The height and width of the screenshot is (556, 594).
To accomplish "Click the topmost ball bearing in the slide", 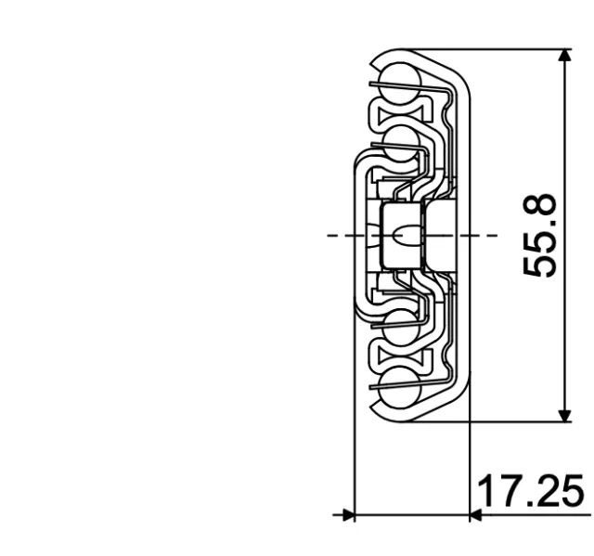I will pos(394,73).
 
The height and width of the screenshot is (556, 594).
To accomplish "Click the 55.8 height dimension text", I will pos(540,236).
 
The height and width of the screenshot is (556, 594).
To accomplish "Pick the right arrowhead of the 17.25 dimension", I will pos(475,514).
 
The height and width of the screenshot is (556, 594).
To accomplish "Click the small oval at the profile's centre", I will pos(400,236).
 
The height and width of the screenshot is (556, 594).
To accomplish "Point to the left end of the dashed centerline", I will pos(330,236).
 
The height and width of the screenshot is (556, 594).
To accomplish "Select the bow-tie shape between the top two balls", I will pos(394,110).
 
